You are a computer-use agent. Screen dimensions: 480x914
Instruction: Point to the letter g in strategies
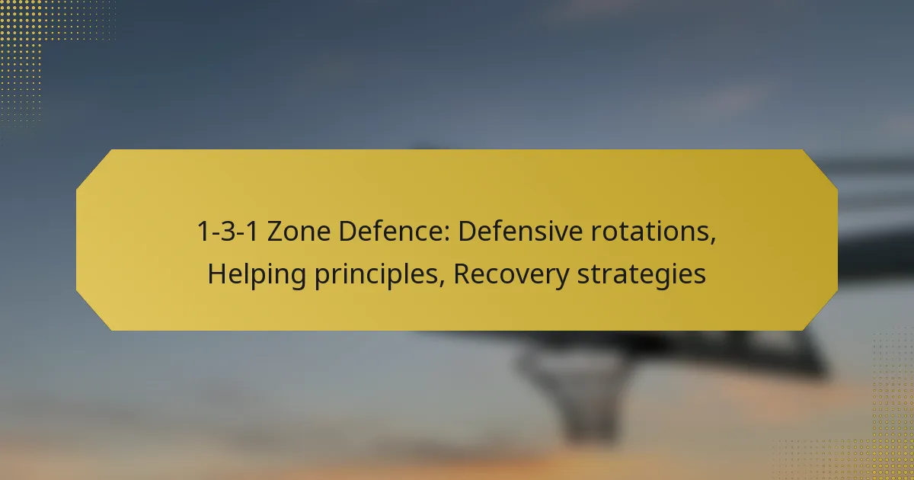point(663,278)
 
